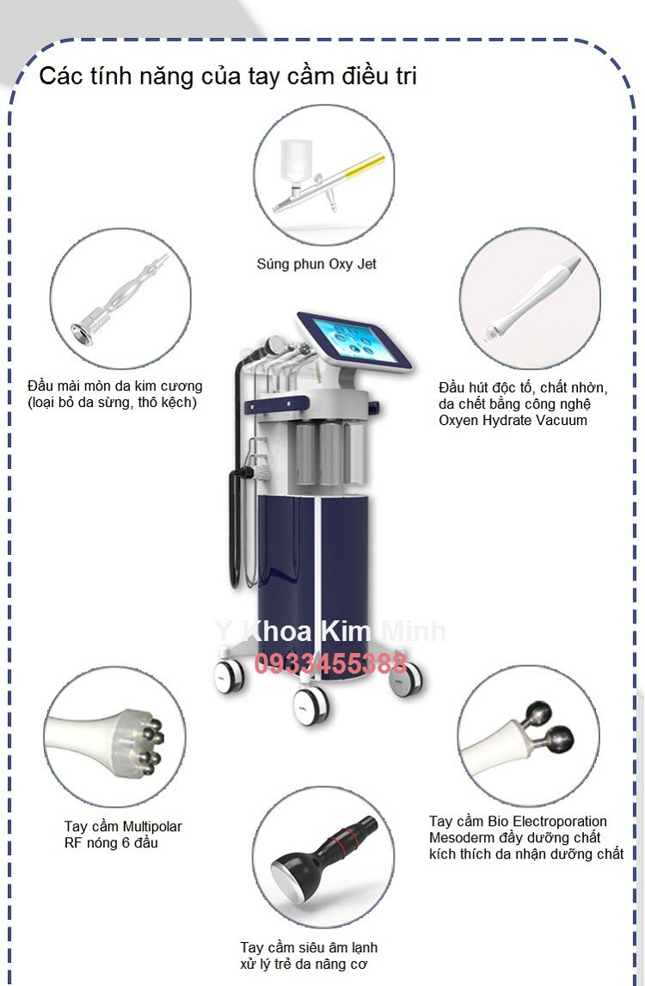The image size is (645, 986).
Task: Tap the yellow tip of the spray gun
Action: (x=365, y=163)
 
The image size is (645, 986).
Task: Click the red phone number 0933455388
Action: (x=330, y=663)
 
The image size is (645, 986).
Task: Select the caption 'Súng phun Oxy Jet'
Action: (x=316, y=264)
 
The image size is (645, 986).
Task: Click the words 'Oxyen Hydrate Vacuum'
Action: (x=513, y=420)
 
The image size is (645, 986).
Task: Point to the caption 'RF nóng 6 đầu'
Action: (x=111, y=842)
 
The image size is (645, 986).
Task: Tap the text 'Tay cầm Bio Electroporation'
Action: (x=518, y=822)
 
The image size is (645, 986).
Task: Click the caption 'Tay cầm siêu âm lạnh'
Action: (x=309, y=947)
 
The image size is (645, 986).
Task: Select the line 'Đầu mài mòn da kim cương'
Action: (x=115, y=385)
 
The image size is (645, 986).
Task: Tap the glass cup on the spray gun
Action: (x=296, y=160)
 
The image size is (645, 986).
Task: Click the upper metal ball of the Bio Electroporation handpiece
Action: (x=538, y=714)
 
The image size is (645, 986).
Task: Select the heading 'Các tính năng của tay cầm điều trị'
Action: (x=228, y=76)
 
